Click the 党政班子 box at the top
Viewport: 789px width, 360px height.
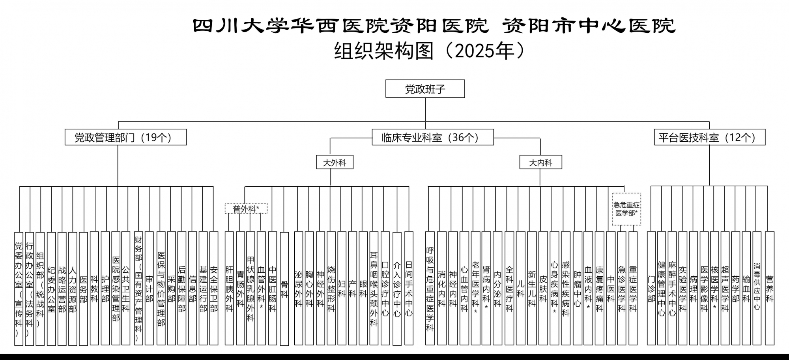[x=425, y=89]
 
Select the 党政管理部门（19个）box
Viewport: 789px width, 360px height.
[x=125, y=137]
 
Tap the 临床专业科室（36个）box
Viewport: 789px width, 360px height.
[x=432, y=137]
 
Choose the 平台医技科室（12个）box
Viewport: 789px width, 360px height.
[x=709, y=137]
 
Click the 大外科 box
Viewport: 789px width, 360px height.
[x=335, y=162]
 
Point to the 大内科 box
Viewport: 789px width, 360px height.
[x=540, y=162]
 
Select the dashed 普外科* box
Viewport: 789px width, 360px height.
[x=246, y=208]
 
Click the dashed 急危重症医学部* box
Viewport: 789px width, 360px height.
[x=626, y=209]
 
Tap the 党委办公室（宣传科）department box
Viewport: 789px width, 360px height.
[x=19, y=289]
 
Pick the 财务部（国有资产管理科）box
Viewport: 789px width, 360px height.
[x=138, y=289]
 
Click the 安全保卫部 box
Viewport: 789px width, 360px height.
[x=213, y=289]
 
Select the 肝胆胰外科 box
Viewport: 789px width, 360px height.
[x=229, y=289]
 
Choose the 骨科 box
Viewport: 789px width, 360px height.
[x=284, y=289]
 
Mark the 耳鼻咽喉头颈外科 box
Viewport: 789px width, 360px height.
[x=374, y=289]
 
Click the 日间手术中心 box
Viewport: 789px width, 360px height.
[x=409, y=289]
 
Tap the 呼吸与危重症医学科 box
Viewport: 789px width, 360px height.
[x=430, y=289]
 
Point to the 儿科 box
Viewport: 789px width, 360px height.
[x=520, y=289]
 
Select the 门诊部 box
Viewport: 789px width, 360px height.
[x=651, y=289]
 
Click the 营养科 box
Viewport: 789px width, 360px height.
[x=769, y=289]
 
